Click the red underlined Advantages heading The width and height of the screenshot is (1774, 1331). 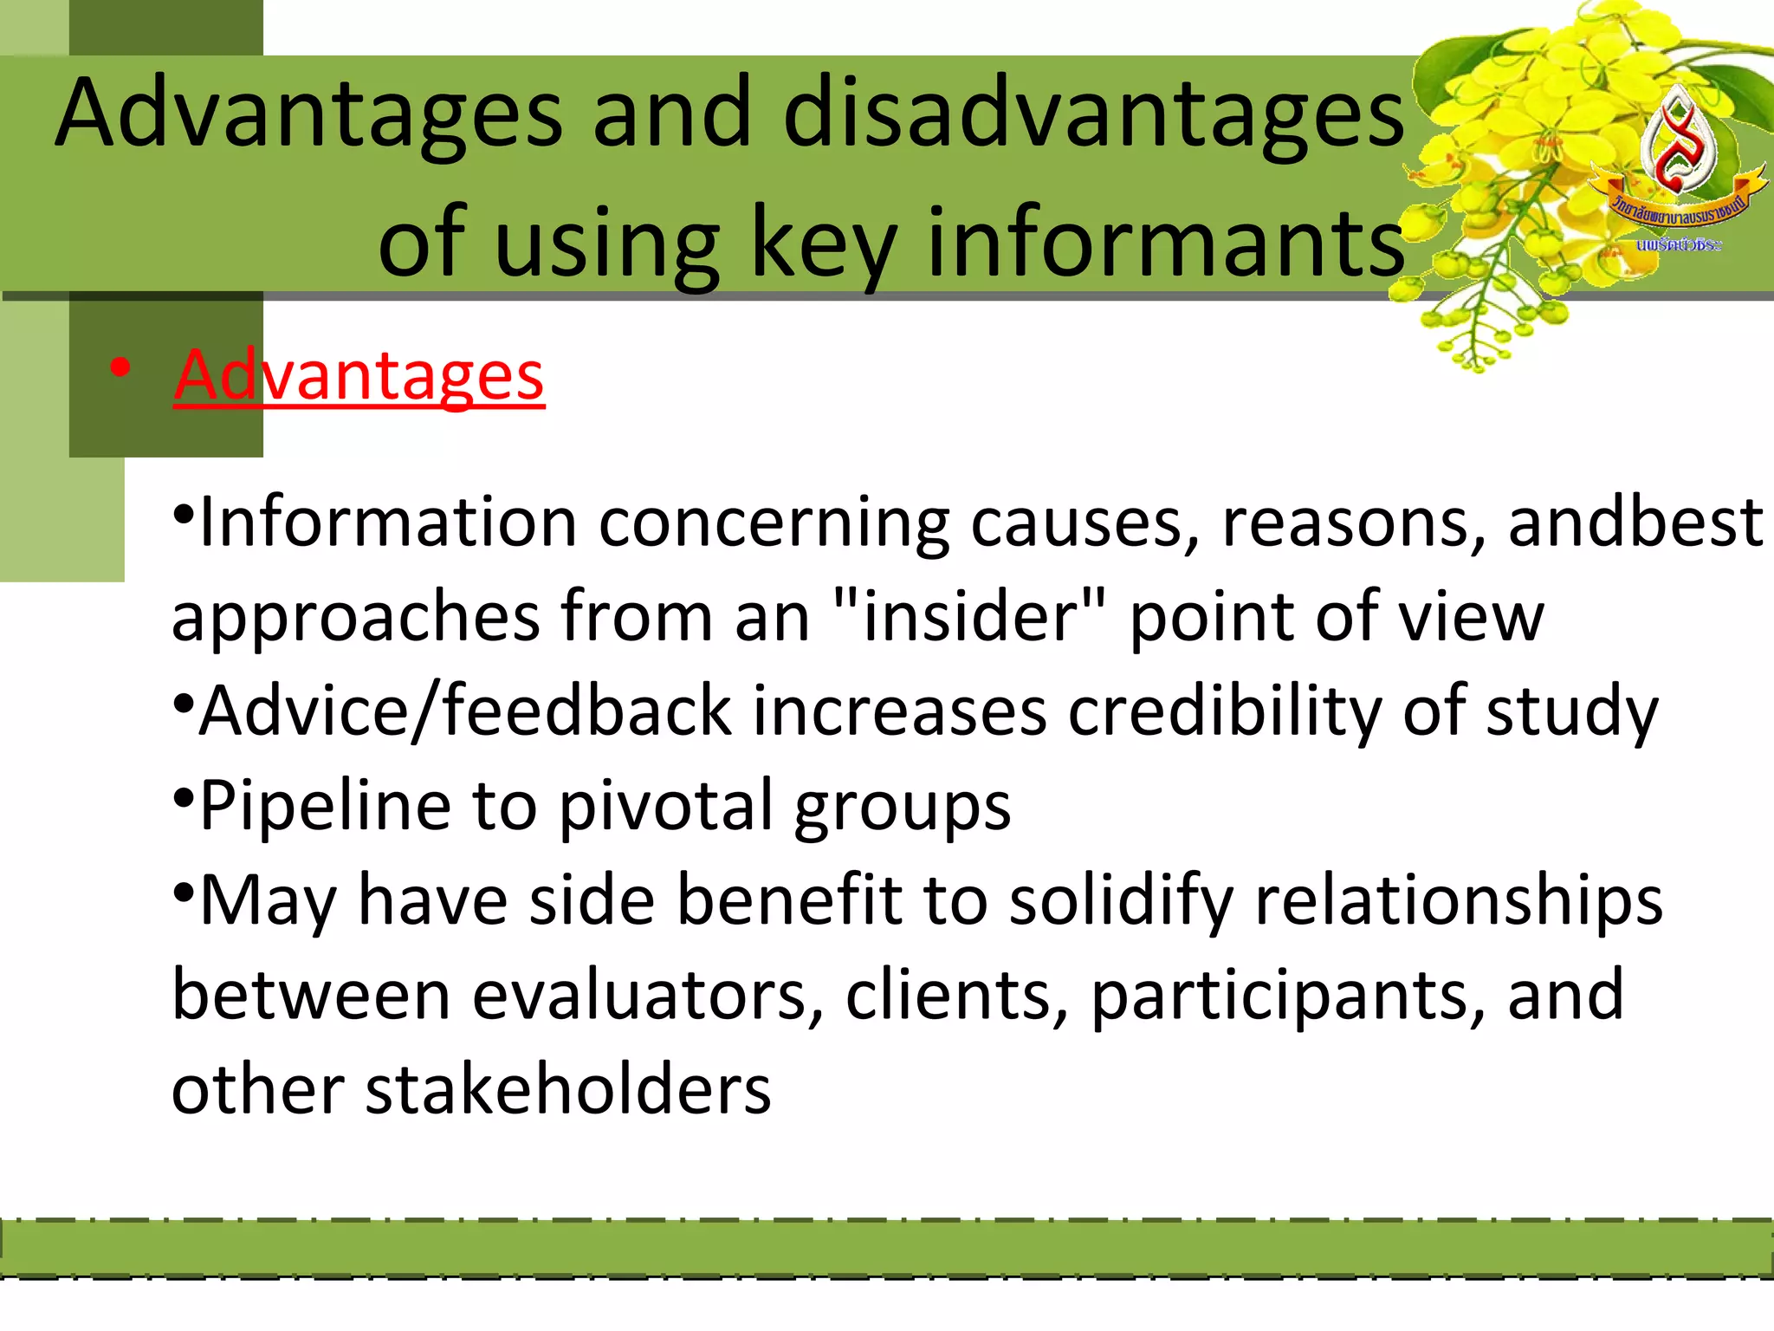pyautogui.click(x=359, y=375)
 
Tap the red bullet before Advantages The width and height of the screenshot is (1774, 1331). pyautogui.click(x=120, y=368)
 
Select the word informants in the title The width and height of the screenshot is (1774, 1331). pyautogui.click(x=1164, y=243)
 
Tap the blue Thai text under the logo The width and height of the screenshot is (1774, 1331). pyautogui.click(x=1678, y=245)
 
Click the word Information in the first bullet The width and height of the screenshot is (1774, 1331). pyautogui.click(x=387, y=523)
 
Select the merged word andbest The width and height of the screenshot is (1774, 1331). pyautogui.click(x=1635, y=523)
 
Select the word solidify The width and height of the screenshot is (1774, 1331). pyautogui.click(x=1122, y=901)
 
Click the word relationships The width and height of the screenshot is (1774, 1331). pyautogui.click(x=1459, y=901)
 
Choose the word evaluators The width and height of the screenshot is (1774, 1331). pyautogui.click(x=647, y=996)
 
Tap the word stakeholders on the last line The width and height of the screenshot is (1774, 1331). pyautogui.click(x=567, y=1090)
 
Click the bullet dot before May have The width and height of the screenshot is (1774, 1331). pyautogui.click(x=184, y=891)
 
